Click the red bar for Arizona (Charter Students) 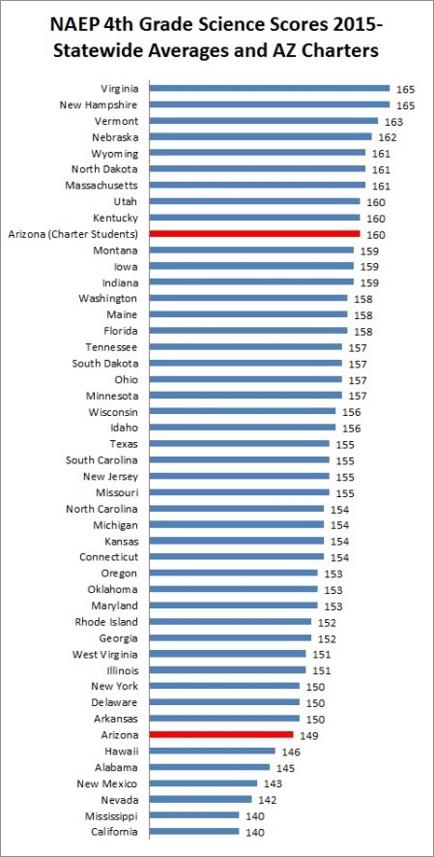coord(255,234)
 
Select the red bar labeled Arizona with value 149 coord(221,735)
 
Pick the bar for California coord(194,832)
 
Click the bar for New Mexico coord(203,783)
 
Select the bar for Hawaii coord(213,751)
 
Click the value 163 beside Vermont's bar coord(393,122)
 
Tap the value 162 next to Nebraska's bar coord(388,137)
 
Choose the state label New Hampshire coord(101,104)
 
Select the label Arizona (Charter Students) coord(73,234)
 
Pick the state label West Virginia coord(105,654)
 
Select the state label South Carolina coord(101,460)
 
